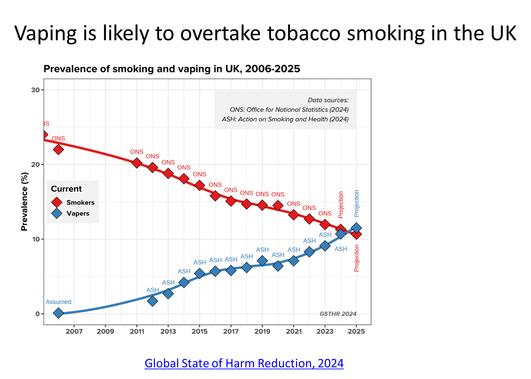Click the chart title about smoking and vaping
tap(172, 69)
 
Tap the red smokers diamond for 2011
tap(137, 163)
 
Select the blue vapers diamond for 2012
tap(153, 301)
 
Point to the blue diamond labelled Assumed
tap(58, 313)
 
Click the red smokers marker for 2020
tap(278, 206)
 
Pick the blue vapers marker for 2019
tap(262, 261)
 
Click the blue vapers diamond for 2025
tap(356, 228)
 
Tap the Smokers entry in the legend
tap(80, 202)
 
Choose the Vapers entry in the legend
tap(78, 213)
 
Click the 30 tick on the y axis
tap(35, 90)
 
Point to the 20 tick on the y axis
tap(35, 165)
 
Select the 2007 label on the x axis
tap(74, 332)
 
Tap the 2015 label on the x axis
tap(199, 332)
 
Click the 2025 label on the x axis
tap(356, 332)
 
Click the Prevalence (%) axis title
tap(24, 202)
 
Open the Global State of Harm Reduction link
tap(244, 363)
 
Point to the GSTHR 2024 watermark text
tap(338, 314)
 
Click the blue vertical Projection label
tap(357, 203)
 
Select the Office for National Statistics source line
tap(289, 109)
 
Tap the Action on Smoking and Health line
tap(285, 119)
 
